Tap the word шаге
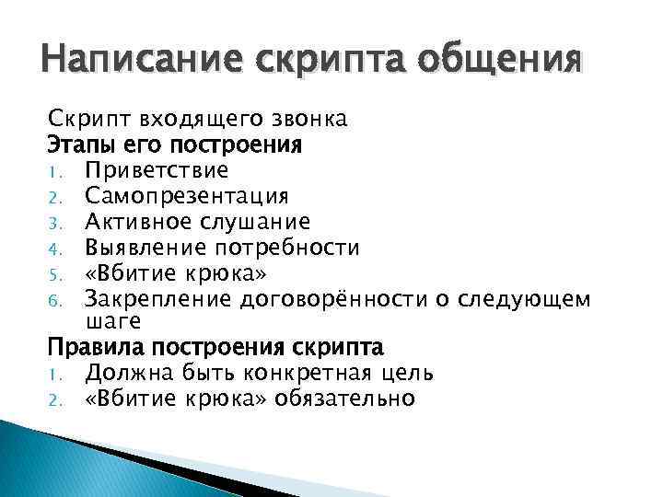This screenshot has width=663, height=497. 112,320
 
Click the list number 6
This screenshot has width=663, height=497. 53,298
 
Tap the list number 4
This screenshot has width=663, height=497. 53,248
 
